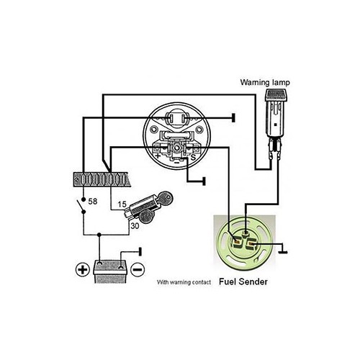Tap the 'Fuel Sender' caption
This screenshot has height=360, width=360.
click(240, 282)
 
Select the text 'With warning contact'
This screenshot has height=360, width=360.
click(184, 283)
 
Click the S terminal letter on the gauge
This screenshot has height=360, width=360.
click(192, 155)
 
